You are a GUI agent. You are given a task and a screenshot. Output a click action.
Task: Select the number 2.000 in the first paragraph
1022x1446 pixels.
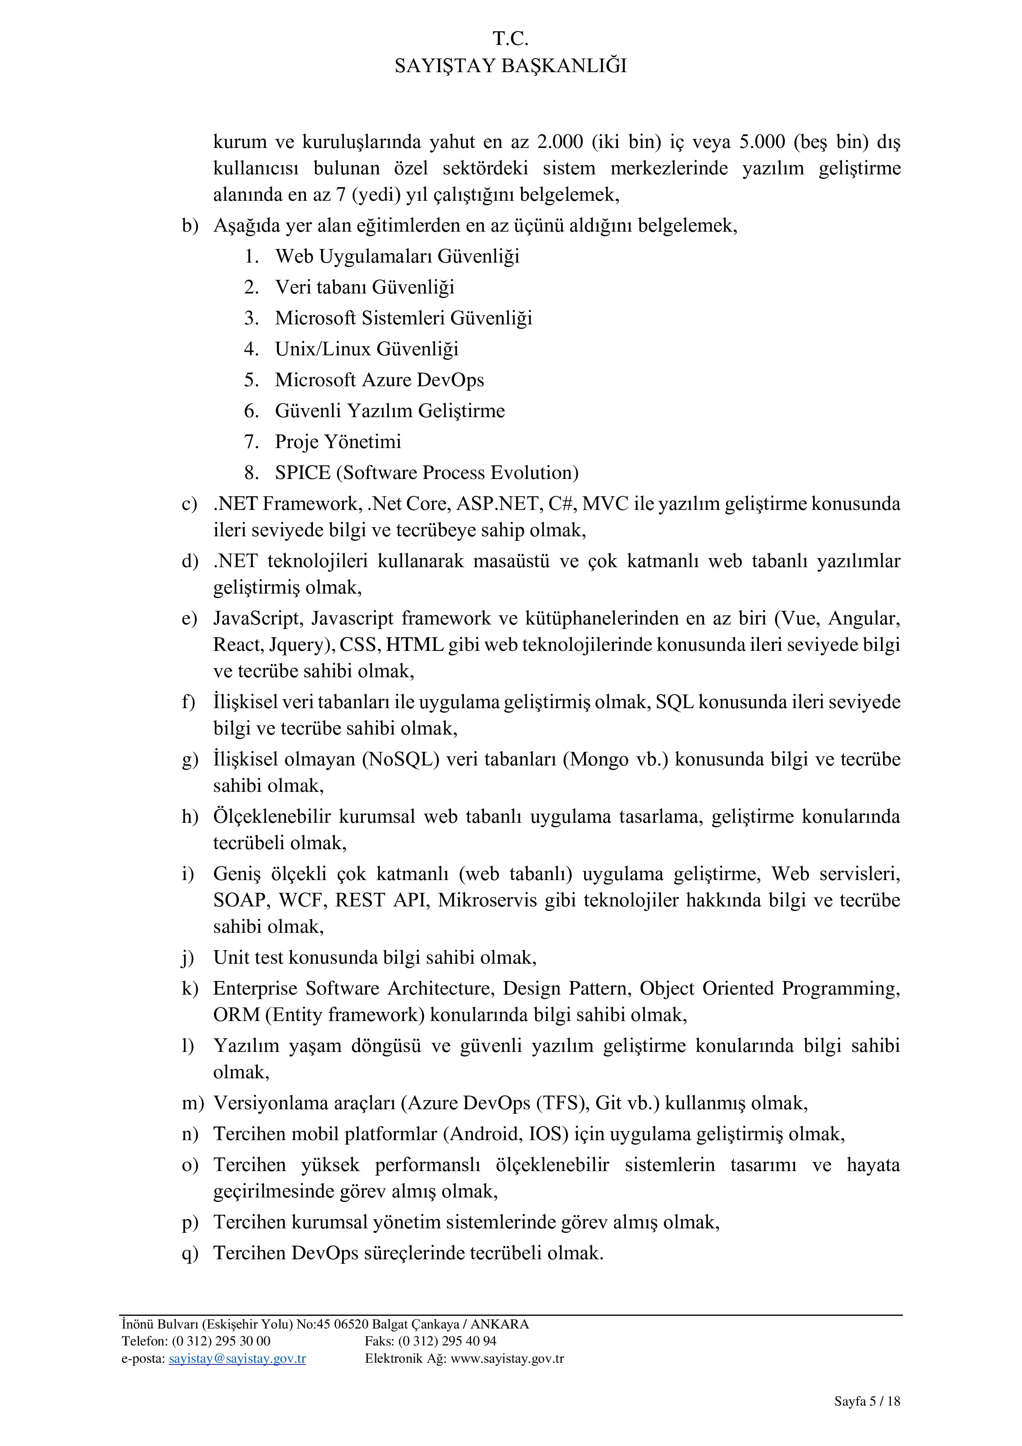click(560, 142)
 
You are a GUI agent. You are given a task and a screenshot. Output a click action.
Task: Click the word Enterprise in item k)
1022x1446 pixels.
click(255, 989)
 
